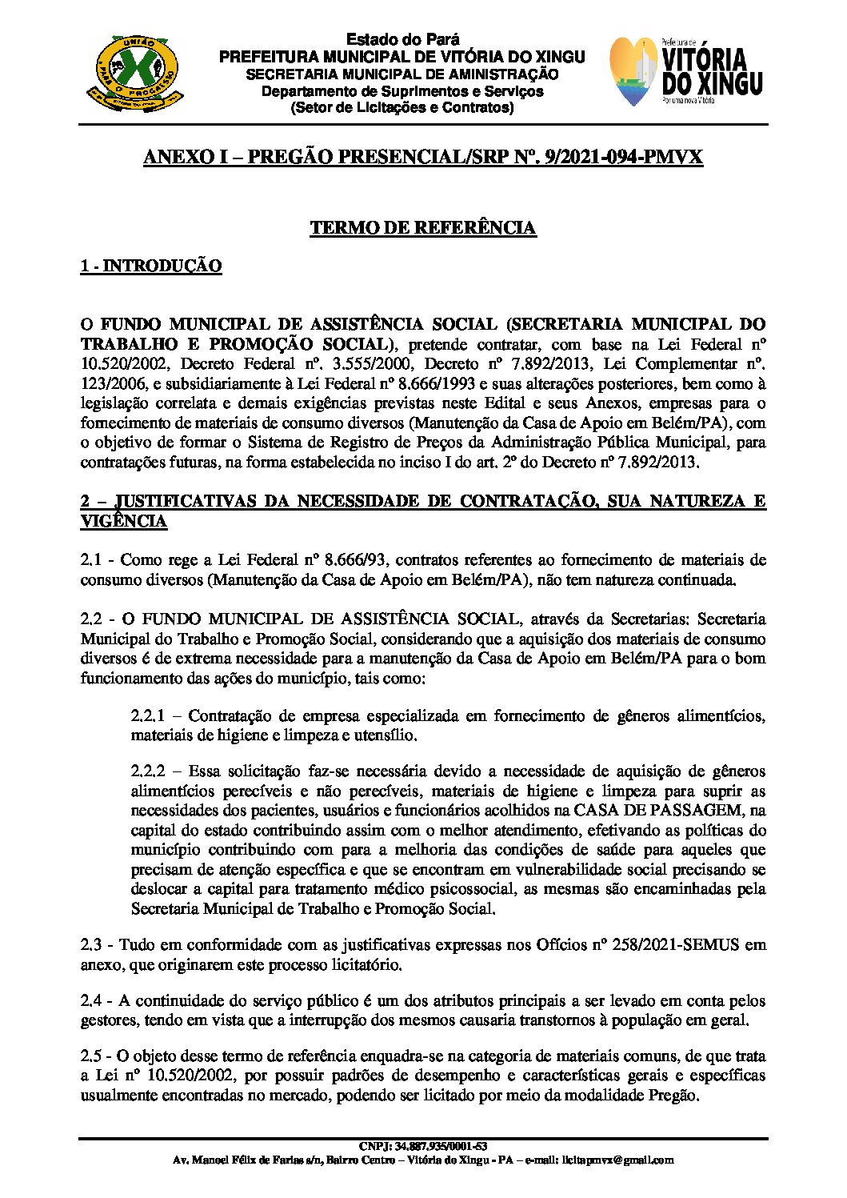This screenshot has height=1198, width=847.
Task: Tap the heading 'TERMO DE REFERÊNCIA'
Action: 423,228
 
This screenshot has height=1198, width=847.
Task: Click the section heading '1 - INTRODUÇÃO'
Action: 150,266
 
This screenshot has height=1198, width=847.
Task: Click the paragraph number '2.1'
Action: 90,560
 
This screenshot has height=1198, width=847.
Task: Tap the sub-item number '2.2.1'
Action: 149,715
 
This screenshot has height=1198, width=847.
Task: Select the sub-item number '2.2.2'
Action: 149,771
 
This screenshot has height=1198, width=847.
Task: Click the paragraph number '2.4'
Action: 90,1001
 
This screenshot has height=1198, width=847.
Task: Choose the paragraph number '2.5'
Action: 90,1057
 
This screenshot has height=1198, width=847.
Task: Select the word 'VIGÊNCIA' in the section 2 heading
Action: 123,522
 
